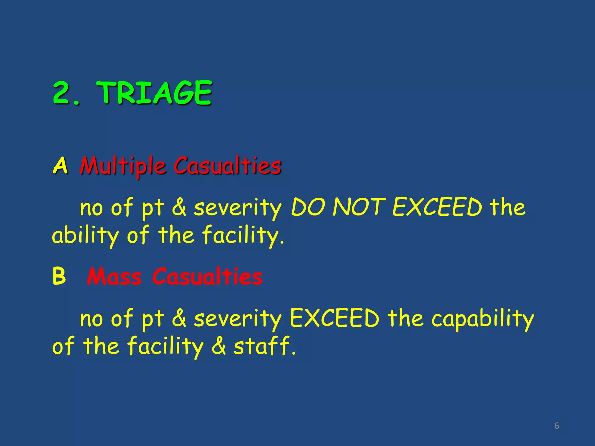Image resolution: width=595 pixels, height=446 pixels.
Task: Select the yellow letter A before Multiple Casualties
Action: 60,166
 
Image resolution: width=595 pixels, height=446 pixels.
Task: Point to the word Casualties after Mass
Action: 207,276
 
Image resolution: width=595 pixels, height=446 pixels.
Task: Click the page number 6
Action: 557,426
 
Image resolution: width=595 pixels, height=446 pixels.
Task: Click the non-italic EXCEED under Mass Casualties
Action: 335,318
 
